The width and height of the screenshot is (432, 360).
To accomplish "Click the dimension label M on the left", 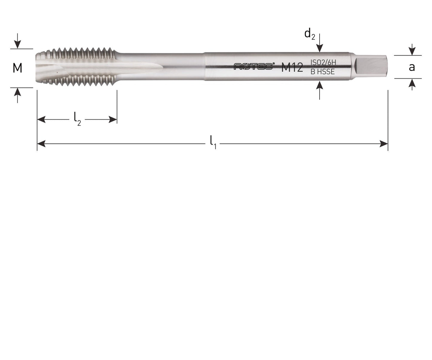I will pyautogui.click(x=17, y=68).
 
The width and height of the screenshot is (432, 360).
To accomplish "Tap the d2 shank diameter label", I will pyautogui.click(x=310, y=34).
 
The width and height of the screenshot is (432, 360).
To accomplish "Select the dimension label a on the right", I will pyautogui.click(x=412, y=67).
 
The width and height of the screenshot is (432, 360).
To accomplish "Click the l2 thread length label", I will pyautogui.click(x=77, y=119).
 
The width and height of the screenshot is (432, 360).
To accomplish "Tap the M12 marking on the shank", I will pyautogui.click(x=292, y=68).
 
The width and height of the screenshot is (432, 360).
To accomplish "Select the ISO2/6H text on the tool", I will pyautogui.click(x=323, y=62).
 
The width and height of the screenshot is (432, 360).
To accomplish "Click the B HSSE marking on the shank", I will pyautogui.click(x=322, y=72).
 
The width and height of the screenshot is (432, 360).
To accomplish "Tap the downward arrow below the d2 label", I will pyautogui.click(x=320, y=48).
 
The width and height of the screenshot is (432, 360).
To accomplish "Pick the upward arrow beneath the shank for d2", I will pyautogui.click(x=320, y=86).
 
